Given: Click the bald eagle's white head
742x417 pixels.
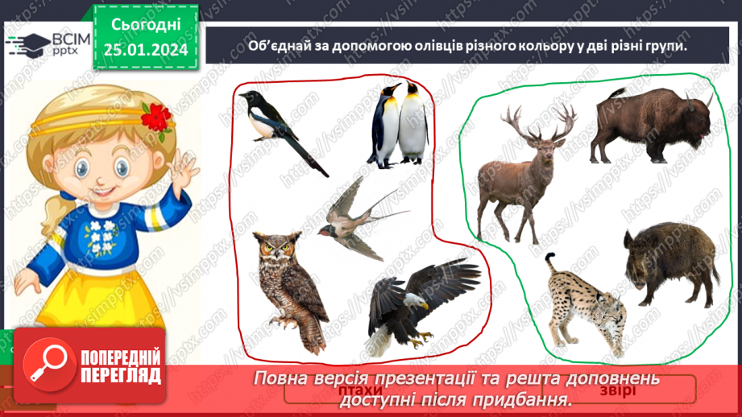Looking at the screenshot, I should click(416, 302).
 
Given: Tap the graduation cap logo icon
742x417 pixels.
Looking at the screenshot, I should click(22, 45).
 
